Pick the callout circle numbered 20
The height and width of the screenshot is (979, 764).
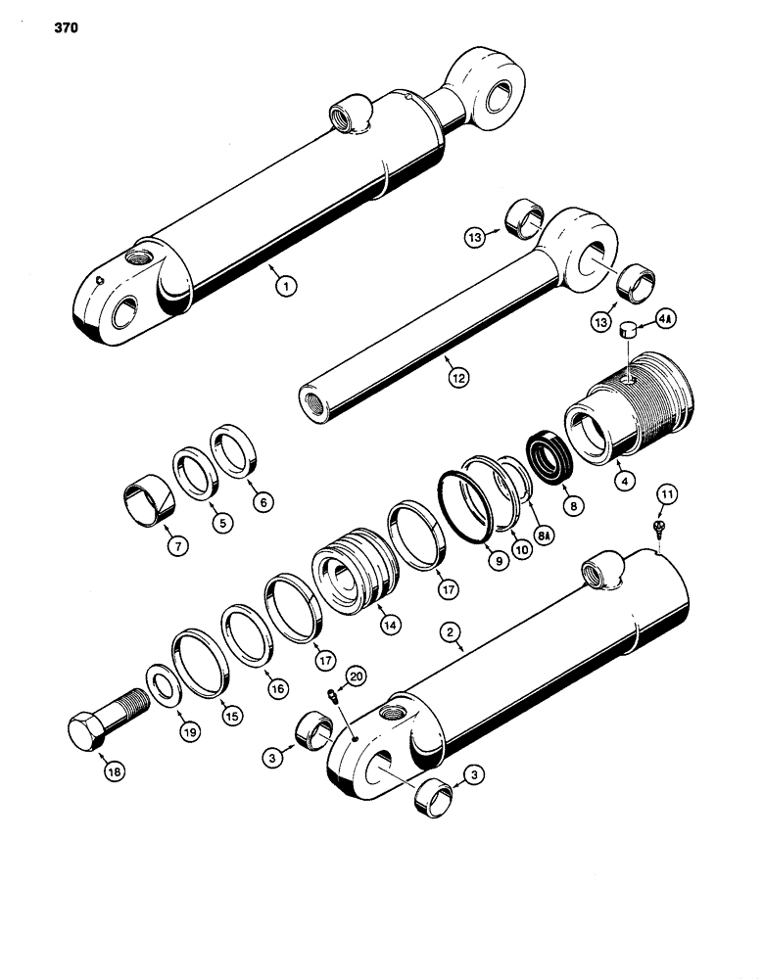355,676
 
